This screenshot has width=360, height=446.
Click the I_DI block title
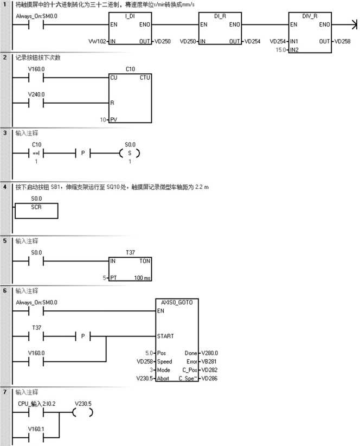pos(130,16)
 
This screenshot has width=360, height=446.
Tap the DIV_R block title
pos(311,16)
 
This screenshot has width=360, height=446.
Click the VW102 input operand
pos(98,41)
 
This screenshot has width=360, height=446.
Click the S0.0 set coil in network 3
pos(130,154)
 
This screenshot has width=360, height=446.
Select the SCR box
pos(37,210)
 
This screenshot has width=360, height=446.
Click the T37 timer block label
pos(130,252)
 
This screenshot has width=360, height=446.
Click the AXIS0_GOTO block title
pos(177,302)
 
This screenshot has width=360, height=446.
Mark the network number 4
pos(5,187)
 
